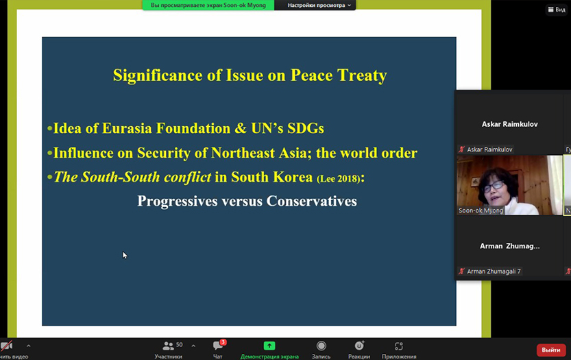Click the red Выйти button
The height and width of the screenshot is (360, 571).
tap(551, 350)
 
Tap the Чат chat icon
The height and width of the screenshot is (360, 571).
tap(218, 346)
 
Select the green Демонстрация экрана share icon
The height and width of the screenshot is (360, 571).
tap(269, 346)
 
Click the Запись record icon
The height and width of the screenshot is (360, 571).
tap(321, 346)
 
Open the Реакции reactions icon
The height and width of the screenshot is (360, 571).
tap(359, 346)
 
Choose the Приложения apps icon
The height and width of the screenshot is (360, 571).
tap(399, 346)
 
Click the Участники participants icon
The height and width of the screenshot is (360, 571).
tap(168, 346)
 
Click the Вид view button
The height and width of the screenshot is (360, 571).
tap(557, 10)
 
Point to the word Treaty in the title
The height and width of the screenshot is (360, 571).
tap(362, 75)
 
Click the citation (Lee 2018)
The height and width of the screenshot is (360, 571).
tap(339, 178)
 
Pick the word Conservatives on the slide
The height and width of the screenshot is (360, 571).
tap(312, 201)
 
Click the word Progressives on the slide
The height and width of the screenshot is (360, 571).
tap(178, 201)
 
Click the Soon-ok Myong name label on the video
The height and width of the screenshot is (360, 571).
tap(481, 211)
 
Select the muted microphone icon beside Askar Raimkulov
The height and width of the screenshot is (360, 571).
tap(462, 149)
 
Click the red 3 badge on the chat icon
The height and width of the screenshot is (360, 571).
tap(223, 342)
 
